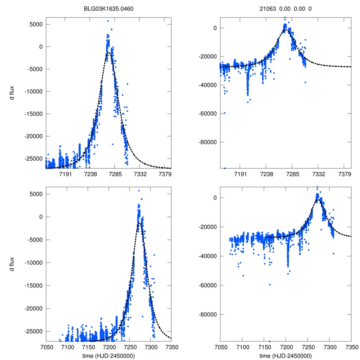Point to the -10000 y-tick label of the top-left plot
(x=32, y=91)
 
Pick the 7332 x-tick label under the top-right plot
(x=318, y=174)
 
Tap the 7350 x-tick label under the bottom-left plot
(x=171, y=347)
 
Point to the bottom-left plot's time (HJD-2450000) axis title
(x=109, y=355)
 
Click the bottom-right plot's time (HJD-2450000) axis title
(x=285, y=355)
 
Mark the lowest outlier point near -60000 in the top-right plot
(x=225, y=113)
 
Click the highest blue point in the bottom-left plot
(x=139, y=191)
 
